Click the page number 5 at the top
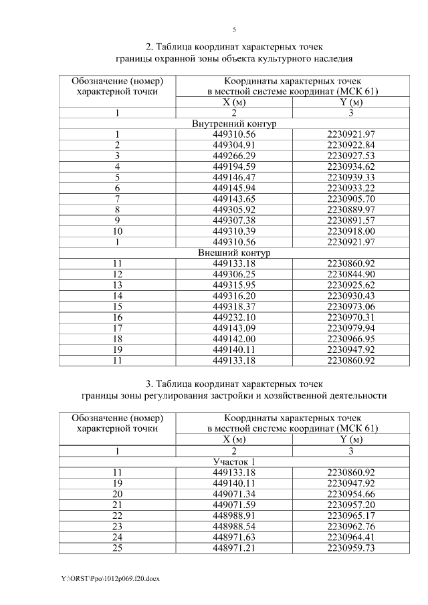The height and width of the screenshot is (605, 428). coord(234,29)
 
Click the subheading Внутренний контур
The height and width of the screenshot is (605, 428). coord(233,124)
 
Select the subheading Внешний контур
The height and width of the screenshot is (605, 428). coord(233,253)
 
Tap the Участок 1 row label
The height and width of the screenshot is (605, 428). coord(233,462)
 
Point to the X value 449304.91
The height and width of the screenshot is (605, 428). coord(233,145)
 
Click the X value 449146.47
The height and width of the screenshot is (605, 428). coord(233,177)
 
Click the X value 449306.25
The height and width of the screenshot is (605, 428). coord(233,275)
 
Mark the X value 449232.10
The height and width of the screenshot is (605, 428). coord(233,318)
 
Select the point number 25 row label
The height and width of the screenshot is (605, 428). coord(117,548)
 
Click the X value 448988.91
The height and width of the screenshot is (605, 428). coord(233,515)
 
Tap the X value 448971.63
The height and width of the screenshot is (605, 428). coord(233,537)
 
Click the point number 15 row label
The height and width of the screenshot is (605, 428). coord(117,307)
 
